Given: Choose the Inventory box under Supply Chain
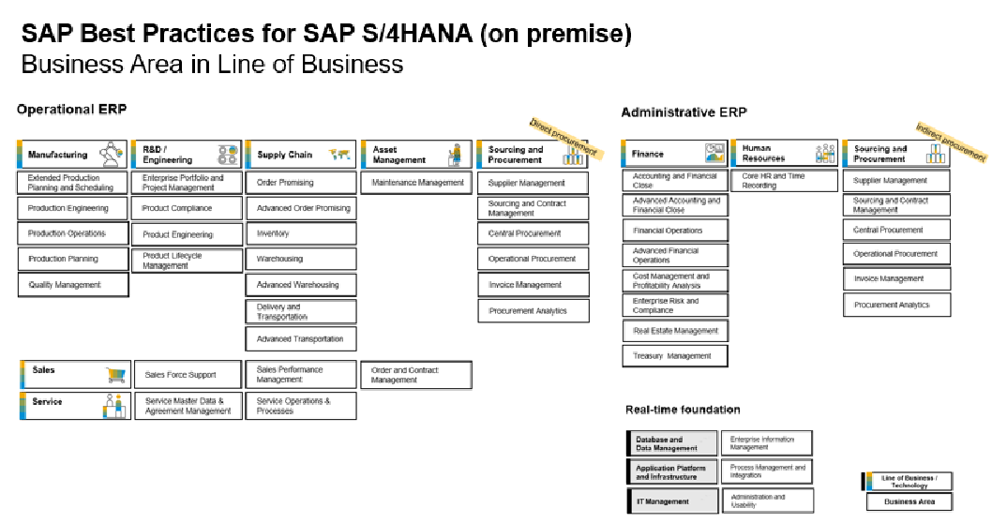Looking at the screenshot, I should [301, 233].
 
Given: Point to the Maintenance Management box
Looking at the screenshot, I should [417, 183].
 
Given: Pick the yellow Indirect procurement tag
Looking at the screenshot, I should [950, 142].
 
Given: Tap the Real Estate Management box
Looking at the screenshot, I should [675, 331].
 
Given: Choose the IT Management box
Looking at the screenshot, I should [672, 501].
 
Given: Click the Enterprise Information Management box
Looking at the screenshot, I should [767, 443].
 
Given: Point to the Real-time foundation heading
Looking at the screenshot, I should [683, 410].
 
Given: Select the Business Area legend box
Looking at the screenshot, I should [907, 502].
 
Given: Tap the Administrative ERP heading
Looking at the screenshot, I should [684, 112].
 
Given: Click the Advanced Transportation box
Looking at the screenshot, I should [301, 339].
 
